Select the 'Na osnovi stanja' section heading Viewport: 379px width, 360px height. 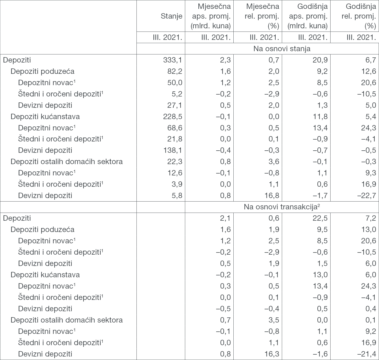[282, 49]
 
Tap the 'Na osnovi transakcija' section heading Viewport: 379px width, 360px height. [282, 207]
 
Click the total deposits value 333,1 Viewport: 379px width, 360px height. [173, 60]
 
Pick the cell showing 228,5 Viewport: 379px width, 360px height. [173, 116]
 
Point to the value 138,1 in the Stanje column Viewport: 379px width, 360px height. [173, 150]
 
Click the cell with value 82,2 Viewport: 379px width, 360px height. [175, 71]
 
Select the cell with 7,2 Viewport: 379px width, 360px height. [371, 218]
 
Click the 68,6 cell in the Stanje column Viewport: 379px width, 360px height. [175, 128]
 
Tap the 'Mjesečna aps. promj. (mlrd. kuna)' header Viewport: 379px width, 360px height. [211, 16]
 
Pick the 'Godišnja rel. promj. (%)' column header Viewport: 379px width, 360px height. [359, 16]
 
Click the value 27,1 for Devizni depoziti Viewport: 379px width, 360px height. [175, 105]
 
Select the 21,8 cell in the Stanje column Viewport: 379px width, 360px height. [175, 139]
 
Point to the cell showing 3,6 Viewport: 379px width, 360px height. [274, 162]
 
